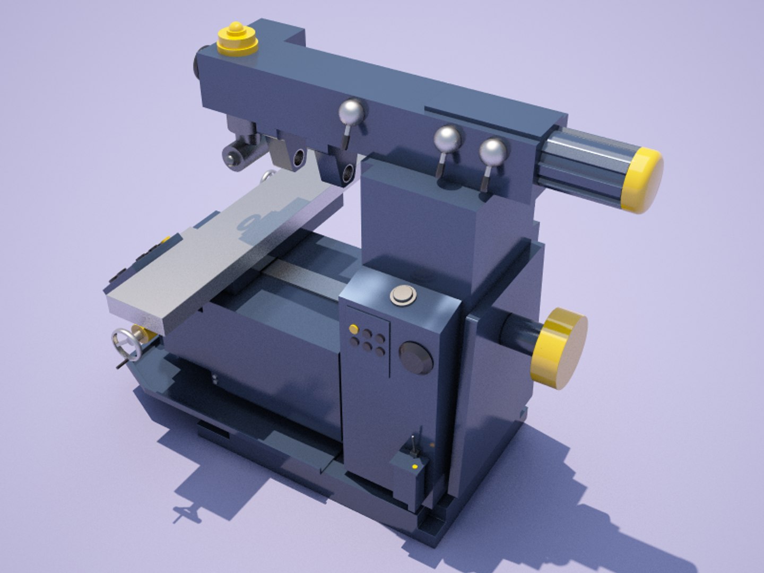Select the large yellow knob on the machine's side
(x=560, y=348)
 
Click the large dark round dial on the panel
(x=416, y=358)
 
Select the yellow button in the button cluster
(x=353, y=329)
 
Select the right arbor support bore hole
(x=349, y=172)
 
